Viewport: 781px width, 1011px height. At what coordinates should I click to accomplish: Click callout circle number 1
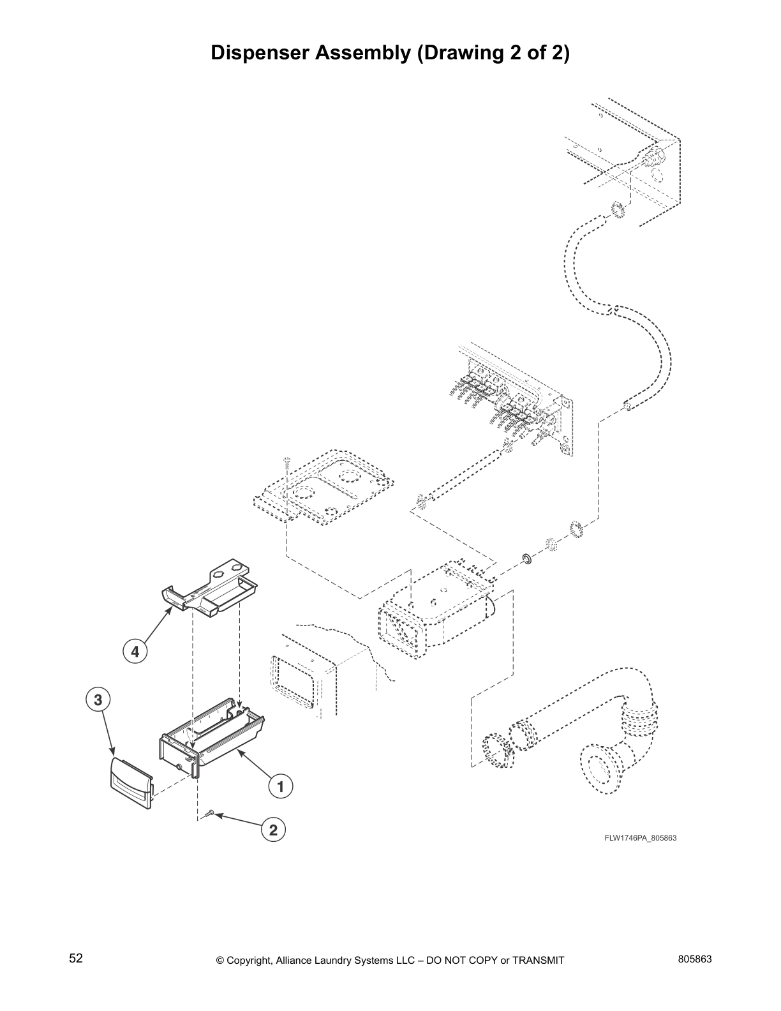[280, 786]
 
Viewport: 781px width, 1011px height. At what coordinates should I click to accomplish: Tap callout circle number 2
[273, 830]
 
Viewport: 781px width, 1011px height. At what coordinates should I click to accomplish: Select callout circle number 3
[98, 700]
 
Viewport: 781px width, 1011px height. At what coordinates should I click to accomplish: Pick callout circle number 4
[135, 652]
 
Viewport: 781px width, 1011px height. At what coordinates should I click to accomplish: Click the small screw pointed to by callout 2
[210, 813]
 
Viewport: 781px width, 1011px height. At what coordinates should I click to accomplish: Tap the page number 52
[76, 958]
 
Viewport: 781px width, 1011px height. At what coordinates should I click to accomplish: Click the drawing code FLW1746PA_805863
[640, 838]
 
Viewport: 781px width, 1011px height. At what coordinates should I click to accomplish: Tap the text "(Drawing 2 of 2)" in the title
[493, 53]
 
